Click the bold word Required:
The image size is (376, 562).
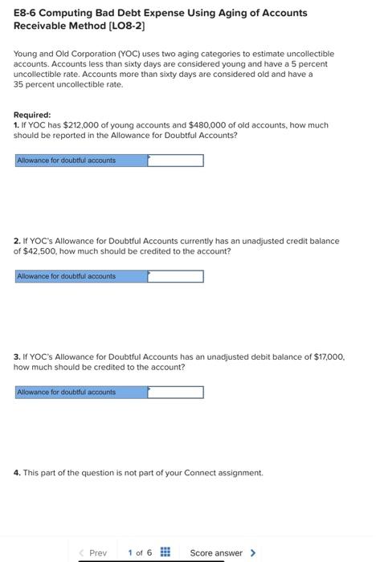[32, 115]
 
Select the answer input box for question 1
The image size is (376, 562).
[175, 161]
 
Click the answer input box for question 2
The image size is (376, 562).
[175, 276]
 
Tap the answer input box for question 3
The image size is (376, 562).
[175, 393]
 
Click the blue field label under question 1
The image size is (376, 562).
[80, 161]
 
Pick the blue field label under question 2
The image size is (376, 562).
[80, 276]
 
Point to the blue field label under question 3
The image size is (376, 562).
[80, 393]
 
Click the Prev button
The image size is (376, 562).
[93, 552]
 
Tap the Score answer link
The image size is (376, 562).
[216, 552]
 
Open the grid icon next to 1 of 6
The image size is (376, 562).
[165, 552]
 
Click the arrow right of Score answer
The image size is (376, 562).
[254, 552]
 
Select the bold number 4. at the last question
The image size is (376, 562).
[18, 473]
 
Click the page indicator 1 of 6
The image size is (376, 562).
[139, 552]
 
